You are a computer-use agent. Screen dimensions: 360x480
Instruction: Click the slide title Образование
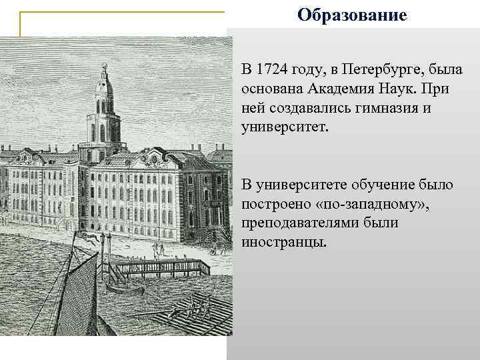pos(351,14)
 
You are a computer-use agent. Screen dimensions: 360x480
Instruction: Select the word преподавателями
pos(300,222)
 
